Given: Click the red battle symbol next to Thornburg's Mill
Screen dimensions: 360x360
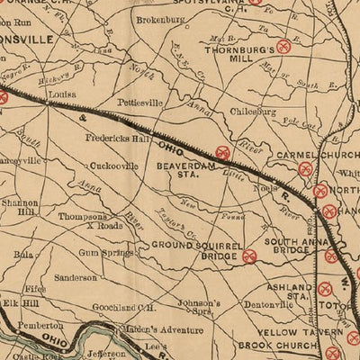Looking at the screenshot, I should pos(286,45).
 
